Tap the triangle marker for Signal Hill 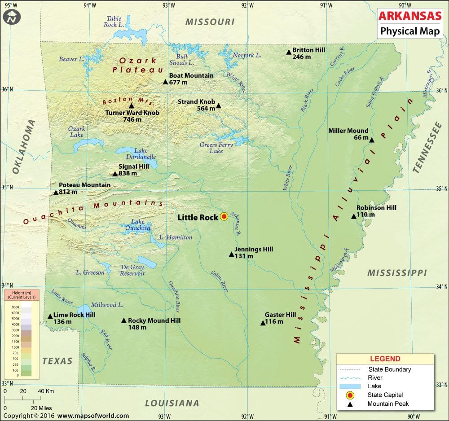coord(115,174)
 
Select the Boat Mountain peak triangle coord(165,82)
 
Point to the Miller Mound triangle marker coord(372,140)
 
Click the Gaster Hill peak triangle coord(263,323)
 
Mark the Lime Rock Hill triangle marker coord(50,316)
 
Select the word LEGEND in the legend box coord(385,359)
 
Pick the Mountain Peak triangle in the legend coord(350,404)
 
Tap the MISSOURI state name coord(210,22)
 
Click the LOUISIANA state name coord(172,403)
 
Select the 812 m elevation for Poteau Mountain coord(68,192)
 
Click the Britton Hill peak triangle coord(289,53)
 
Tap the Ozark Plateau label coord(138,65)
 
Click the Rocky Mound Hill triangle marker coord(124,320)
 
